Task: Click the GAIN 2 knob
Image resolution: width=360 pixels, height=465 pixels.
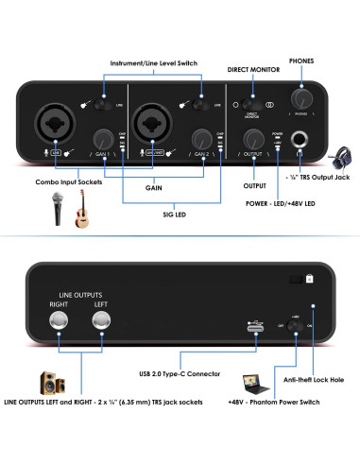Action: point(199,137)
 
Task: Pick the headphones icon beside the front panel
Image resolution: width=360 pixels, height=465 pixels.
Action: point(341,158)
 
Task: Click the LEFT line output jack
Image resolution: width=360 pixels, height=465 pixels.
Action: point(100,323)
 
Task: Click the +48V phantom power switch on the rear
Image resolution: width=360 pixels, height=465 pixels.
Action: point(295,326)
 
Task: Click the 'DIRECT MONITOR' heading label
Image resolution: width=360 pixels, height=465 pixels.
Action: point(254,70)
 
